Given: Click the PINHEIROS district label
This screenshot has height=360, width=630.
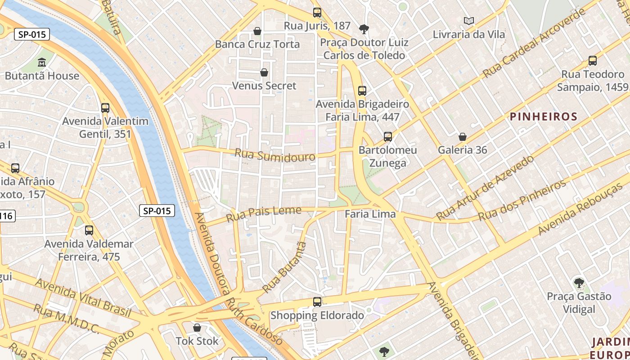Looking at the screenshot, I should click(x=543, y=117).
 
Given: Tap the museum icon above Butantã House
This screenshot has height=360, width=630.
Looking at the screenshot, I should click(x=42, y=62).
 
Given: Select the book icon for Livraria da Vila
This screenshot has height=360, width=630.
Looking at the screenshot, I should click(x=469, y=21).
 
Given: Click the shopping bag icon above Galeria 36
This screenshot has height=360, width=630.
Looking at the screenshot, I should click(x=462, y=137).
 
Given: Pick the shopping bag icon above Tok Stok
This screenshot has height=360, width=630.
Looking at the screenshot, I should click(x=197, y=328).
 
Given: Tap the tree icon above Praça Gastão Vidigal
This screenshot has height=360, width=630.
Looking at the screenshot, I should click(x=579, y=283).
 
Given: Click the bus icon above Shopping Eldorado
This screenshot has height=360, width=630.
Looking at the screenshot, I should click(x=317, y=302).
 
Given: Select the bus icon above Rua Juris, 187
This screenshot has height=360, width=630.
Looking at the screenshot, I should click(x=317, y=13).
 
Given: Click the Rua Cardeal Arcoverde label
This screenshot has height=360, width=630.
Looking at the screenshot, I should click(x=535, y=43).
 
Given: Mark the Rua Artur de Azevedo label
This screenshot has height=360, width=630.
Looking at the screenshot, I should click(x=485, y=188).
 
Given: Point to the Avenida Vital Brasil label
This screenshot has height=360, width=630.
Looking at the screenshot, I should click(x=83, y=297).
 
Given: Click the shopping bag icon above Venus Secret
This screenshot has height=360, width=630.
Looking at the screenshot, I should click(x=264, y=72).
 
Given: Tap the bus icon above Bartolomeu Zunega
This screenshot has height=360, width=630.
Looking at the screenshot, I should click(x=387, y=137).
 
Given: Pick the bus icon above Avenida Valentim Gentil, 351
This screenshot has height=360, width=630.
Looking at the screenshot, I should click(x=105, y=108).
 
